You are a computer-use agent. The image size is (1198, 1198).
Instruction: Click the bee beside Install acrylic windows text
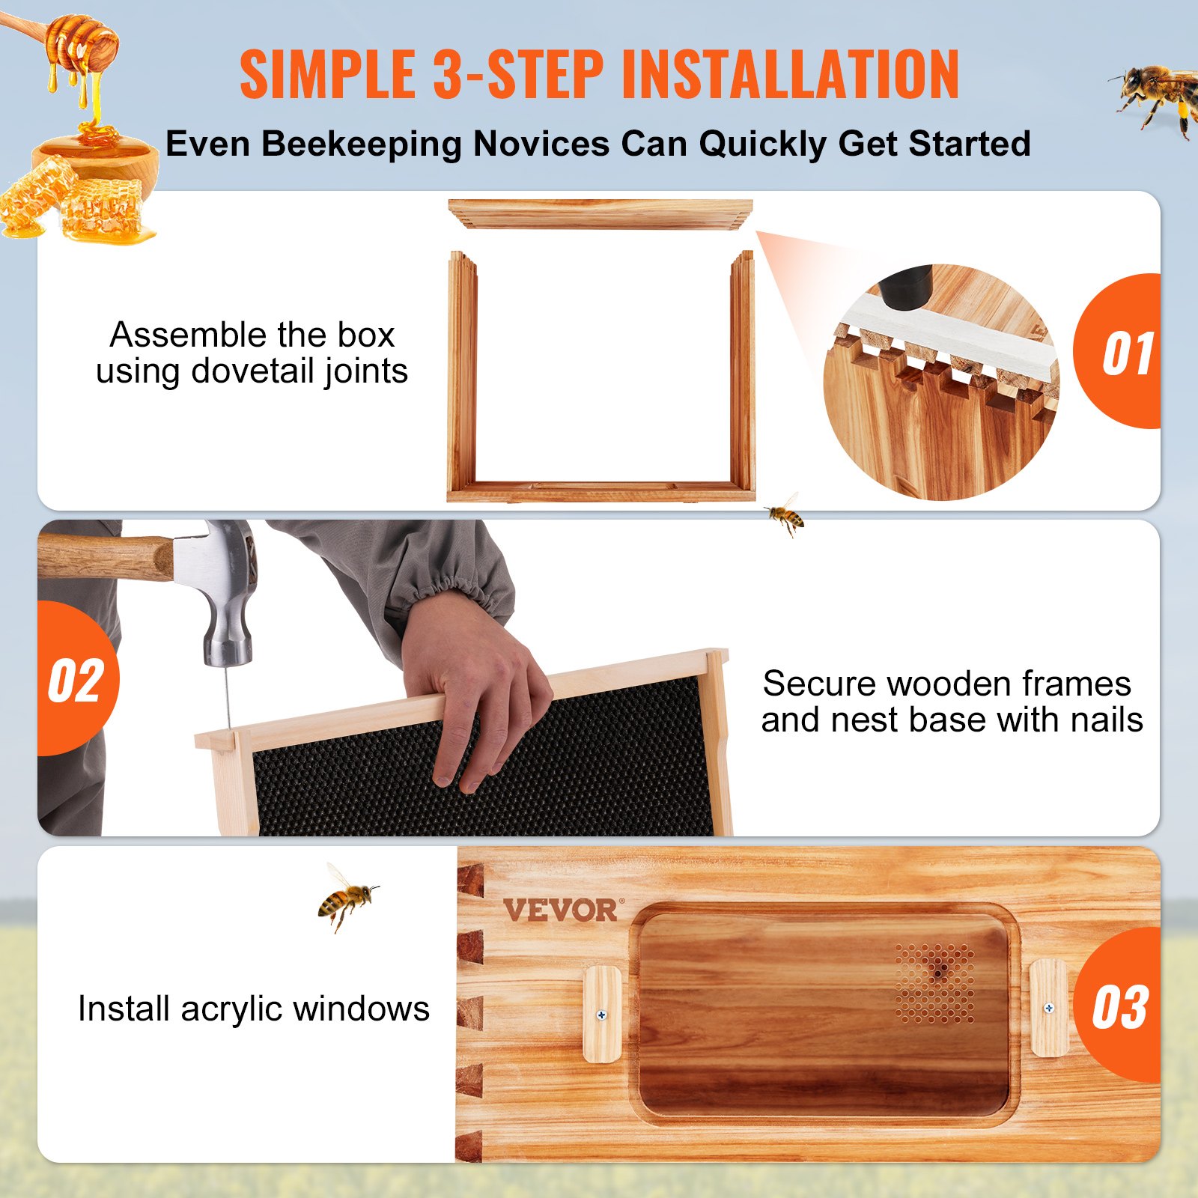point(346,897)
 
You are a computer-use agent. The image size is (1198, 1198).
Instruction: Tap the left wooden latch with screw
point(602,1014)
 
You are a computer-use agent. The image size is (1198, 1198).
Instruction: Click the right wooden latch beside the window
point(1048,1008)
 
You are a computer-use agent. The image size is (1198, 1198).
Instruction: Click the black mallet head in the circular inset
point(907,287)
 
